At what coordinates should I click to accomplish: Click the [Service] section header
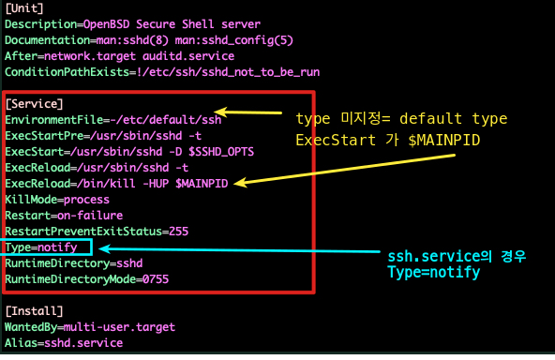pyautogui.click(x=34, y=103)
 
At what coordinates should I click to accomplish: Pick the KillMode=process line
pyautogui.click(x=55, y=200)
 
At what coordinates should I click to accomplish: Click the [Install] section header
pyautogui.click(x=34, y=310)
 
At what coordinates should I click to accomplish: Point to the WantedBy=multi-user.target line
pyautogui.click(x=90, y=327)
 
